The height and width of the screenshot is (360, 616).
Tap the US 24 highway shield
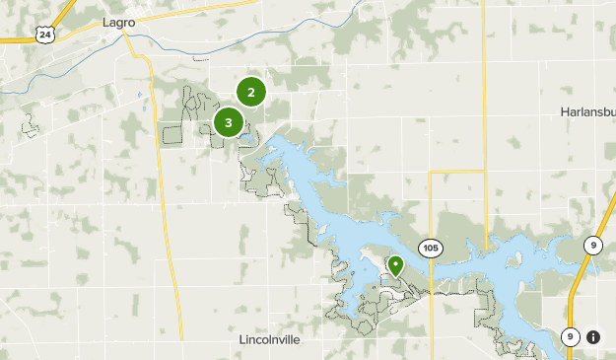tap(43, 35)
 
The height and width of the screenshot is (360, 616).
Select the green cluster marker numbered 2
tap(251, 92)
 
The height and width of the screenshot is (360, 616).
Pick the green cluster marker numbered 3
tap(229, 122)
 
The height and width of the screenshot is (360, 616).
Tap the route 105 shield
tap(430, 247)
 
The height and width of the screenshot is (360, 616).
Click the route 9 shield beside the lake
tap(593, 246)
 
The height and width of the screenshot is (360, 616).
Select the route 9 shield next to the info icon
tap(571, 337)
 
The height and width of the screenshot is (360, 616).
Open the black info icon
tap(593, 337)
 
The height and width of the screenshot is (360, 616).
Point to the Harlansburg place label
tap(588, 111)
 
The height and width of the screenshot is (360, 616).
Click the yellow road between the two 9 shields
tap(580, 291)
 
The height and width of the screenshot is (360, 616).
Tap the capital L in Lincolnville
tap(242, 339)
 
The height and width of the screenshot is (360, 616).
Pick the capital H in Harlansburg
tap(564, 111)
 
